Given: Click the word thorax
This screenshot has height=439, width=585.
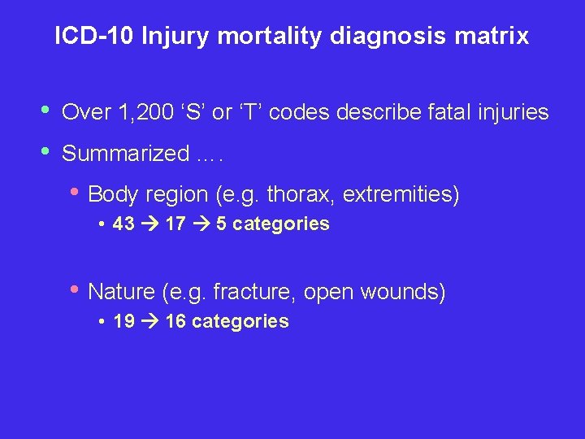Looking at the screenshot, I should pyautogui.click(x=298, y=195).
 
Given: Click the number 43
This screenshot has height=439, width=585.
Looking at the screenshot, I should pyautogui.click(x=124, y=224).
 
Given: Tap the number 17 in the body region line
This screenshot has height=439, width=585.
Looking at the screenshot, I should pyautogui.click(x=175, y=224).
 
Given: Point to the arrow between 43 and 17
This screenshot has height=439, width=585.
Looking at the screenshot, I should pyautogui.click(x=149, y=224).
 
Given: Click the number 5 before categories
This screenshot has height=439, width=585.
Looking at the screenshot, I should pyautogui.click(x=221, y=224).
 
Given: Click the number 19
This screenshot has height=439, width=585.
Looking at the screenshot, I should pyautogui.click(x=124, y=321).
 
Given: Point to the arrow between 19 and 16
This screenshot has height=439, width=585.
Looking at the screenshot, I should pyautogui.click(x=149, y=321).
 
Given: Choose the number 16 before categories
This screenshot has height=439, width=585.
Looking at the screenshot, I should pyautogui.click(x=175, y=321).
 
